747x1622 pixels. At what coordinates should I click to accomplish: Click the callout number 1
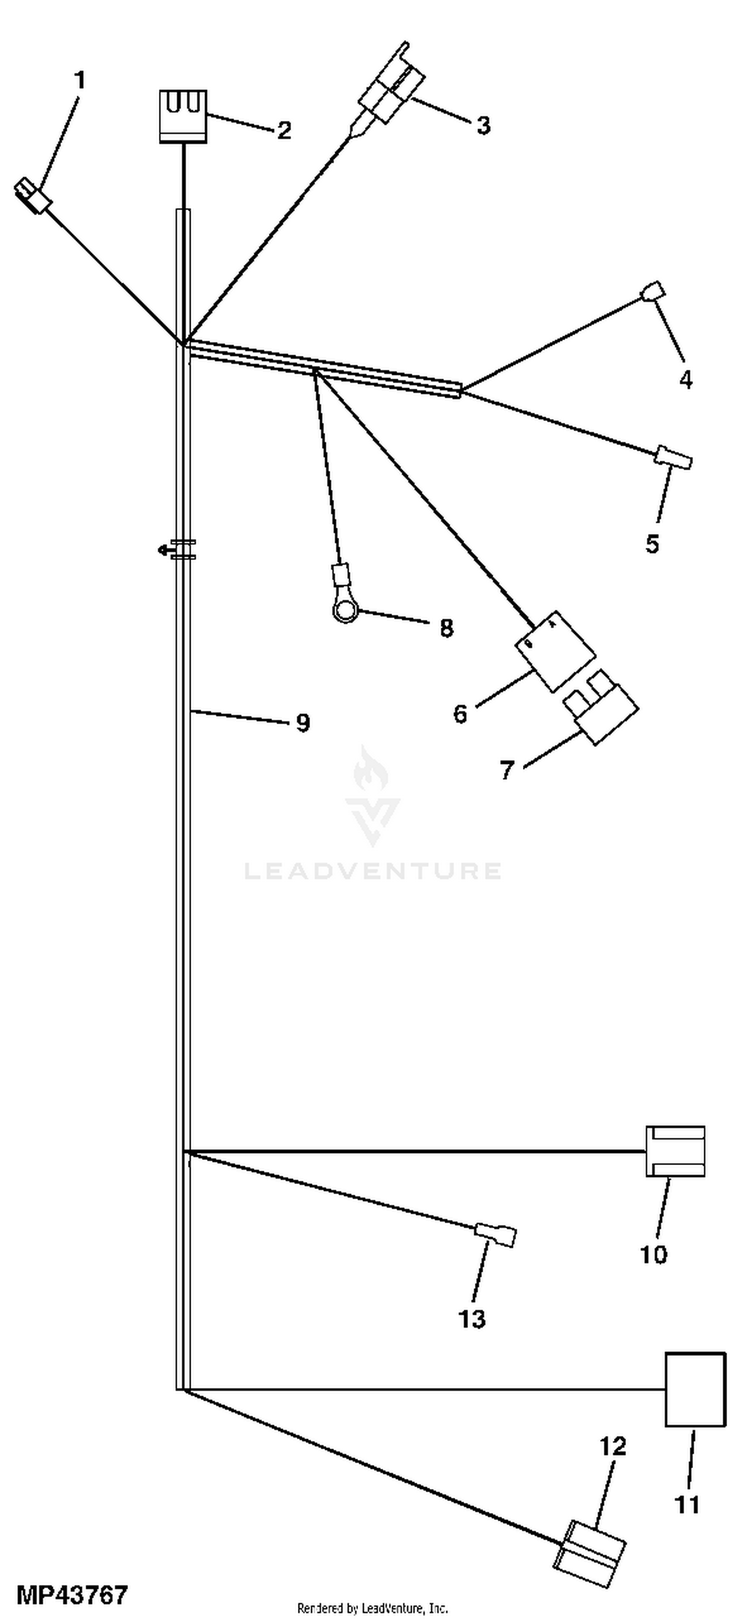[x=79, y=81]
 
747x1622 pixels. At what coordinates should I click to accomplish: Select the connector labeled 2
[x=183, y=116]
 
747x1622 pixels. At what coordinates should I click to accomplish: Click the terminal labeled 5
[x=673, y=456]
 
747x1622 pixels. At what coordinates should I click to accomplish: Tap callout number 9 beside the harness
[x=303, y=723]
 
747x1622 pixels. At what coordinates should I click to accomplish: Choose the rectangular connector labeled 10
[x=675, y=1151]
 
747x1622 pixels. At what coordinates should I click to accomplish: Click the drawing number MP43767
[x=72, y=1595]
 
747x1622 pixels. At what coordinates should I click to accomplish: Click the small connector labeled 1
[x=33, y=195]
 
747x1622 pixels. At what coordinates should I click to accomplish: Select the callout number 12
[x=613, y=1447]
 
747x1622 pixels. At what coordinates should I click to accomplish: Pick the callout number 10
[x=653, y=1254]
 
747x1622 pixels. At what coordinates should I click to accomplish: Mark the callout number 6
[x=461, y=714]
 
